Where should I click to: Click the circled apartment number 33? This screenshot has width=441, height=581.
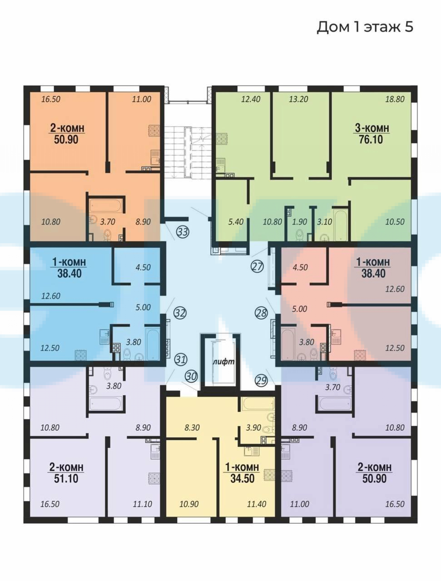(x=183, y=232)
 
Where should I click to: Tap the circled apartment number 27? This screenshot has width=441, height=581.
(x=257, y=266)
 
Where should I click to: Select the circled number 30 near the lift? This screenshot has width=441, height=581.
(x=191, y=376)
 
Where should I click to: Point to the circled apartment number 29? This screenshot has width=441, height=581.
(x=262, y=381)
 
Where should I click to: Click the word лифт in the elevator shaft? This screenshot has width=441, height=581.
(x=224, y=361)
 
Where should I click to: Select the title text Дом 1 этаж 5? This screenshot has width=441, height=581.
(x=365, y=27)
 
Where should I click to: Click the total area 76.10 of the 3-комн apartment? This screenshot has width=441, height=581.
(x=371, y=139)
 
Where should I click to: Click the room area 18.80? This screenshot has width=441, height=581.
(x=395, y=99)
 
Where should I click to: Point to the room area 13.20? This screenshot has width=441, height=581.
(x=298, y=99)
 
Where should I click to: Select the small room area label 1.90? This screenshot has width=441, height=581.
(x=299, y=222)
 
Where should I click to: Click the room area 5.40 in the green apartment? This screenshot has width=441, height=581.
(x=236, y=222)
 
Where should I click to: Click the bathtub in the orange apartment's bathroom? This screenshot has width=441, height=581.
(x=106, y=206)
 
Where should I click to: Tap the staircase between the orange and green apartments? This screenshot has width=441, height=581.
(x=188, y=153)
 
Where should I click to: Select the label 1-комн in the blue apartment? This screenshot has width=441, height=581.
(x=69, y=262)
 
